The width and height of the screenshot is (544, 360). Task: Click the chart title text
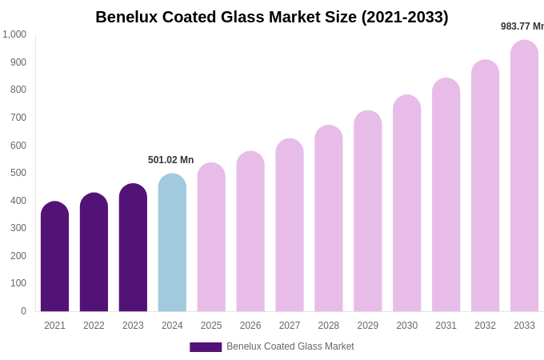pos(272,17)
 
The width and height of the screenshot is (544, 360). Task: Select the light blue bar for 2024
pos(172,243)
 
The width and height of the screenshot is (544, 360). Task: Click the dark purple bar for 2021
pos(54,257)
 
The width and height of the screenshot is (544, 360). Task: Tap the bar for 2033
pos(524,176)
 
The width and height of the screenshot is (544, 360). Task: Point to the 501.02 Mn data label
pos(170,160)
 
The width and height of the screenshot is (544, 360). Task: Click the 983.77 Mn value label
pos(522,26)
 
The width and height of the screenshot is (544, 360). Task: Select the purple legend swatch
pos(206,347)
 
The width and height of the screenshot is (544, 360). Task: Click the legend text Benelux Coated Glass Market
pos(290,346)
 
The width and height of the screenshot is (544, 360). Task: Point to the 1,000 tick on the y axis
pos(14,34)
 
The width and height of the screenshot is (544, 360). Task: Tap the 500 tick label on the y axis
pos(18,173)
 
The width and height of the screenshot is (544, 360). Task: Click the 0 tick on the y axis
pos(23,311)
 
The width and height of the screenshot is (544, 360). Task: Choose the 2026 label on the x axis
pos(250,326)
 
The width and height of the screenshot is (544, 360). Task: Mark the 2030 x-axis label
pos(406,326)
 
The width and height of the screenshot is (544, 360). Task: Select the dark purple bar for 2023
pos(133,248)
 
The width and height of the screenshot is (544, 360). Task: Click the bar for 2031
pos(446,195)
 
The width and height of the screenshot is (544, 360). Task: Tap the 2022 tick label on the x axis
pos(94,326)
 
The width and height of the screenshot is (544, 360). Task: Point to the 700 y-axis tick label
pos(18,118)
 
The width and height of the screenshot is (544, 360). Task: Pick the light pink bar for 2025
pos(211,238)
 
